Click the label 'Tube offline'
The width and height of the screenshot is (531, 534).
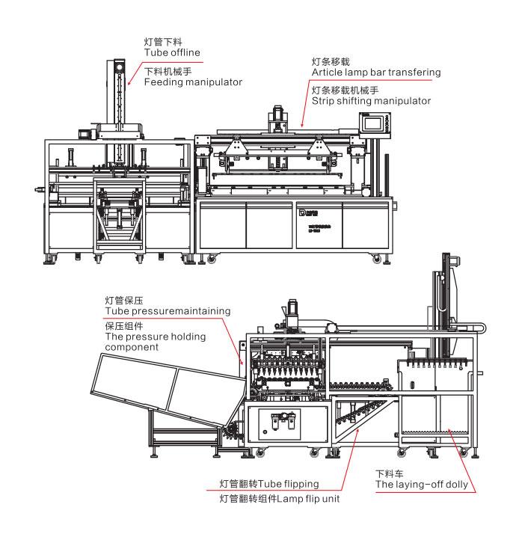point(172,52)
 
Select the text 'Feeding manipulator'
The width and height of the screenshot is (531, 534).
point(193,82)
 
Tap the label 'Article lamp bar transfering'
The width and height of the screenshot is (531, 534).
point(376,73)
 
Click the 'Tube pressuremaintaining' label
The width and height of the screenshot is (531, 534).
point(168,310)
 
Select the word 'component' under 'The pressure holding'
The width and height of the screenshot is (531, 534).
point(132,347)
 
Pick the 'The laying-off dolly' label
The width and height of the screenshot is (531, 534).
point(422,485)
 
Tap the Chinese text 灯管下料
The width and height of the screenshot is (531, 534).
point(162,41)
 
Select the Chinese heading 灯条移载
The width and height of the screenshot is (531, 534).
point(330,61)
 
